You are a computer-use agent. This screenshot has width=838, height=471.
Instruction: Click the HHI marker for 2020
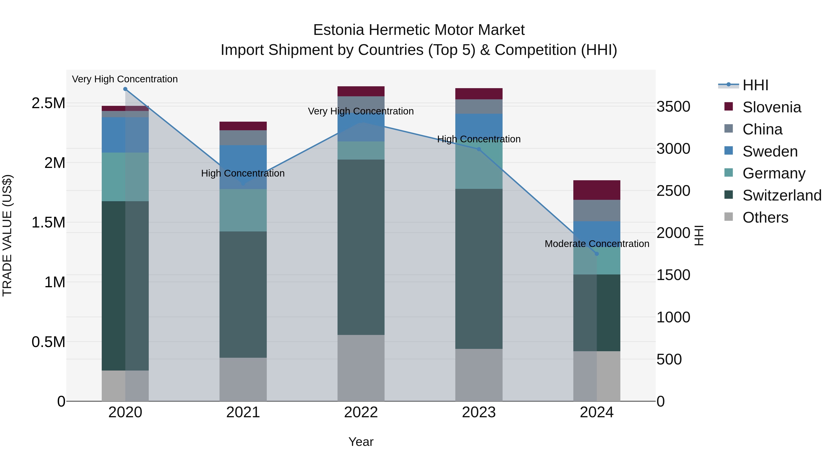(x=125, y=89)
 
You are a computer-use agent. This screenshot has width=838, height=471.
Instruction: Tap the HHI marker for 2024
(x=597, y=254)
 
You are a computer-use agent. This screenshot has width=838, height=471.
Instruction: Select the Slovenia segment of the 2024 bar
(x=597, y=190)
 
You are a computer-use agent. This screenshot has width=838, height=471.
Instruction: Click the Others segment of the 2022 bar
(x=361, y=368)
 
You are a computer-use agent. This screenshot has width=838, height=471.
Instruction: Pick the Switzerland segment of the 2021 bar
(x=243, y=294)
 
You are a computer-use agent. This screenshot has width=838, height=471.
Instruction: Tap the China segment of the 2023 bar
(x=479, y=107)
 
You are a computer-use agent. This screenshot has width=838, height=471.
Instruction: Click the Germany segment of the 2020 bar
(x=125, y=177)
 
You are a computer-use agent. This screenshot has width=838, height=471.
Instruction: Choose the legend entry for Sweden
(x=770, y=151)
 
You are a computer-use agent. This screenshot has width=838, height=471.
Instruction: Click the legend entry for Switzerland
(x=782, y=195)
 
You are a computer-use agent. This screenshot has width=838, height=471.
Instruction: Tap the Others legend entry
(x=765, y=217)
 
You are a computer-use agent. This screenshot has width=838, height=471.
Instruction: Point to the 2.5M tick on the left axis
(x=48, y=103)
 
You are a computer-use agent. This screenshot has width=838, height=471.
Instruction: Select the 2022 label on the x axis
(x=361, y=412)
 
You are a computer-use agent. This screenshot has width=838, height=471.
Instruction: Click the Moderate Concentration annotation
(x=597, y=244)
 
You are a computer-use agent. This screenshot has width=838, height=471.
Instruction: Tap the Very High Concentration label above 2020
(x=125, y=79)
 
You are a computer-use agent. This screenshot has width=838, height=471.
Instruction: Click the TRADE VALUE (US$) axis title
(x=7, y=235)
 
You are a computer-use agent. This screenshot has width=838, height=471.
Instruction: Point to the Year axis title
(x=361, y=442)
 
